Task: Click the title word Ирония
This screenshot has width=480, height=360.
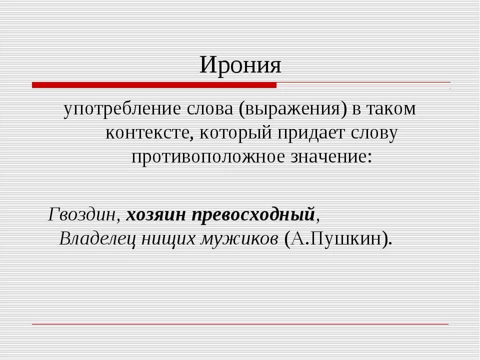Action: (240, 65)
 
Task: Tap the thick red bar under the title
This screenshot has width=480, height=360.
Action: (154, 85)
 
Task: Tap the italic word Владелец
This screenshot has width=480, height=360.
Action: (97, 238)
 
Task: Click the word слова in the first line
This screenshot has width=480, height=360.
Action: (204, 109)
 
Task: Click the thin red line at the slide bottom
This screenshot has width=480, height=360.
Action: (240, 324)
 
